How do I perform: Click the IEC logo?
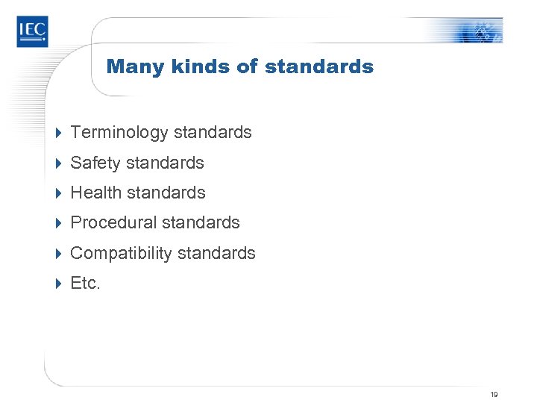pos(32,31)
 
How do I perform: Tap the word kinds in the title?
pos(195,66)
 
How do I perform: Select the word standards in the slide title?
pos(319,66)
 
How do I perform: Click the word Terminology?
pos(119,133)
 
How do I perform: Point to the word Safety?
pos(95,163)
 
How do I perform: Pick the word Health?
pos(95,193)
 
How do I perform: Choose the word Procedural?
pos(113,222)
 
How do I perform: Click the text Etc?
pos(85,283)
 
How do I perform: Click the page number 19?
pos(494,394)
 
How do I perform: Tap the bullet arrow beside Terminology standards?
pos(59,133)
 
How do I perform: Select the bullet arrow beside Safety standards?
pos(59,163)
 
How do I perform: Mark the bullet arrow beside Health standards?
pos(59,193)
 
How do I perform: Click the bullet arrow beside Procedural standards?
pos(59,222)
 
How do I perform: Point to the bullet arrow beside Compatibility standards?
pos(59,253)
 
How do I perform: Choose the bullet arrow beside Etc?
pos(59,283)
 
